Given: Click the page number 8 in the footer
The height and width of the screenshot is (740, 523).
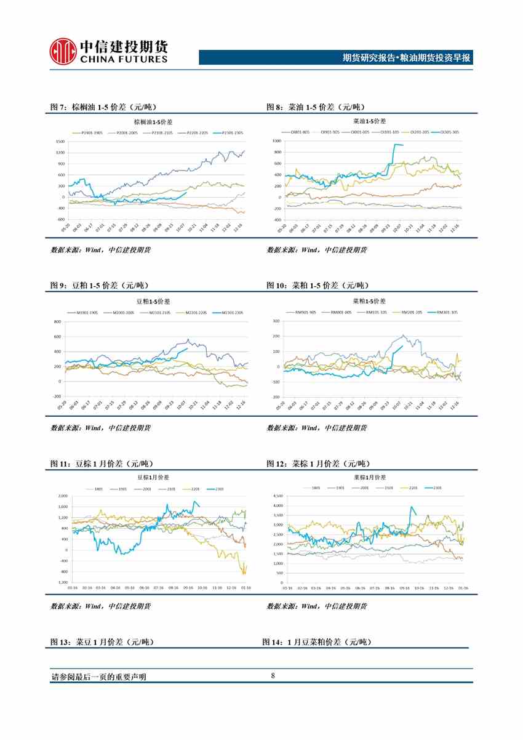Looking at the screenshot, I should [273, 677].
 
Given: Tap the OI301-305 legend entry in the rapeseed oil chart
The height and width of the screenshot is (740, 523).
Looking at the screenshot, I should [446, 132].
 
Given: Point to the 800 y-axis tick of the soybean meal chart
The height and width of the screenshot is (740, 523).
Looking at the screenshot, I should [58, 322].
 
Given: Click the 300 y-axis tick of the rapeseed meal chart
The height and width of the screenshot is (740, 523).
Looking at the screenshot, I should [277, 321].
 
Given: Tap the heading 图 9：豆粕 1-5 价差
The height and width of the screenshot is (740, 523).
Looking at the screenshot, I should [99, 286].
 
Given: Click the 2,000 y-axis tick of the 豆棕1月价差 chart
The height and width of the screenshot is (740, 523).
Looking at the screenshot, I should [63, 496].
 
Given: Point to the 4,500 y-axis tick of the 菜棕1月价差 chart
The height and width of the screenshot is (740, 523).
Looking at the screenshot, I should [277, 496].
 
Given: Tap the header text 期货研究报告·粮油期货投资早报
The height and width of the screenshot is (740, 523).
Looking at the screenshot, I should [406, 58].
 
